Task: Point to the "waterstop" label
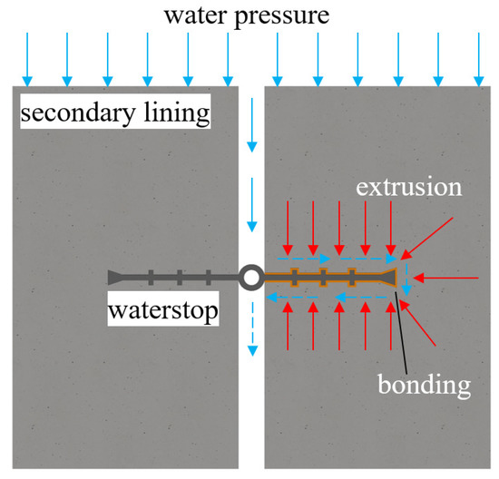tap(163, 311)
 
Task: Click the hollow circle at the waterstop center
tap(250, 278)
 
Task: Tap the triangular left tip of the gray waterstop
tap(116, 278)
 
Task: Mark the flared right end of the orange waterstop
tap(391, 278)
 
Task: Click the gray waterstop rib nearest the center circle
tap(210, 278)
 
